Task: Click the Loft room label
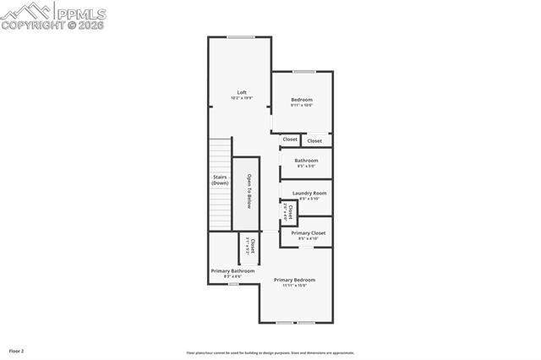pyautogui.click(x=242, y=92)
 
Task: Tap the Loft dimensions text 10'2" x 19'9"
pyautogui.click(x=242, y=98)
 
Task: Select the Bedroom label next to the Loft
pyautogui.click(x=302, y=100)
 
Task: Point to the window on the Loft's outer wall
pyautogui.click(x=241, y=36)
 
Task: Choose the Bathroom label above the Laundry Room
pyautogui.click(x=306, y=161)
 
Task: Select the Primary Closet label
pyautogui.click(x=308, y=232)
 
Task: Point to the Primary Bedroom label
pyautogui.click(x=294, y=280)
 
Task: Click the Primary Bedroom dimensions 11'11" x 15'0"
pyautogui.click(x=294, y=286)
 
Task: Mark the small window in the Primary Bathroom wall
pyautogui.click(x=232, y=284)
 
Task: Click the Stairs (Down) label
pyautogui.click(x=220, y=180)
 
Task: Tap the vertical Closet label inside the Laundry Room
pyautogui.click(x=290, y=211)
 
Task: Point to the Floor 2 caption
pyautogui.click(x=17, y=350)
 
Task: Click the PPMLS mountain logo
pyautogui.click(x=27, y=12)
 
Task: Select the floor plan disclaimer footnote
pyautogui.click(x=270, y=353)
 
